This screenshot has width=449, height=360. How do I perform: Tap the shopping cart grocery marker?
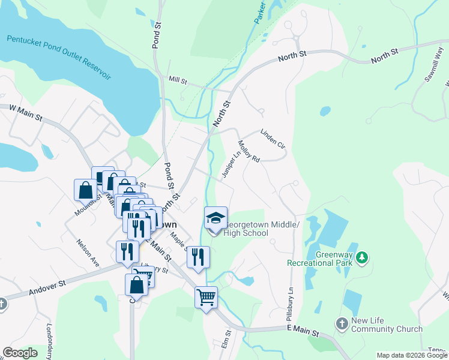tap(206, 297)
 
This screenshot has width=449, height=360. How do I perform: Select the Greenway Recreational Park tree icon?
tap(361, 258)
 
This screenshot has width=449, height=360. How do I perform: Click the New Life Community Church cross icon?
tap(342, 324)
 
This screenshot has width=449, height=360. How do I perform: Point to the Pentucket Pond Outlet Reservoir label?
tap(59, 58)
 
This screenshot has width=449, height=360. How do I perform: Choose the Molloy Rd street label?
tap(249, 151)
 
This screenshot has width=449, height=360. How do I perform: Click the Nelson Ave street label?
tap(88, 253)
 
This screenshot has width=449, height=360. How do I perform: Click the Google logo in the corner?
tap(20, 353)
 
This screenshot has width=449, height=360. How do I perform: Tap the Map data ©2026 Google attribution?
tap(412, 355)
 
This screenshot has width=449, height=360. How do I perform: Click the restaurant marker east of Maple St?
tap(197, 257)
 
